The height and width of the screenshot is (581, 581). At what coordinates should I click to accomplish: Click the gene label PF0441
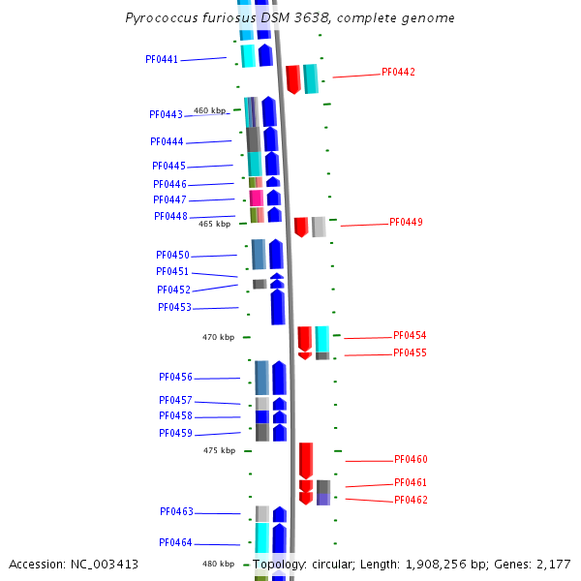[162, 59]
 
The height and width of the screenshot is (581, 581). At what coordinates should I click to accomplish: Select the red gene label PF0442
[398, 72]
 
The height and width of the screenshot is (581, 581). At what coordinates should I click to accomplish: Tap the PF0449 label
[406, 222]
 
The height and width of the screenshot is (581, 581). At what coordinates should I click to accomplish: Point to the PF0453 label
[174, 307]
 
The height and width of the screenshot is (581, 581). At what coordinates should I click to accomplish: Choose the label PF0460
[411, 459]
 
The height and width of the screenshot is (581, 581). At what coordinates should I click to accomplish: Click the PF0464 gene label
[176, 542]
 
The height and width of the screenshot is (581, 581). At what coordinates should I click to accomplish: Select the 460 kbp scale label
[209, 110]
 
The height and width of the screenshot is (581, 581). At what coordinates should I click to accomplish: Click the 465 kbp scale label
[214, 224]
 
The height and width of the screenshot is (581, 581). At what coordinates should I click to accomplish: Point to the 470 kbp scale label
[218, 337]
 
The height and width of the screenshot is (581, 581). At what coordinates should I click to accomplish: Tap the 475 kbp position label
[219, 450]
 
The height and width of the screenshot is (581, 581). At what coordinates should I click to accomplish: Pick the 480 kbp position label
[218, 564]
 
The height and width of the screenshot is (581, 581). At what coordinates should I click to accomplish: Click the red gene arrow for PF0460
[306, 459]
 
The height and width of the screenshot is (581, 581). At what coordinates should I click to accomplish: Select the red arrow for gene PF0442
[292, 78]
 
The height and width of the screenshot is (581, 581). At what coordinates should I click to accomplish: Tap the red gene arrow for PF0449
[301, 227]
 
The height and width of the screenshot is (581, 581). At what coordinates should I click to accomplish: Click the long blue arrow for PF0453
[278, 306]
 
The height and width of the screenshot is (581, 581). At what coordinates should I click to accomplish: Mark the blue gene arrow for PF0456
[279, 378]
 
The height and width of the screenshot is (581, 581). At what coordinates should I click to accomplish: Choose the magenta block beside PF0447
[256, 198]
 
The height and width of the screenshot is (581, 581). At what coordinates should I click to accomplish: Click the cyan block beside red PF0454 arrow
[321, 339]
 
